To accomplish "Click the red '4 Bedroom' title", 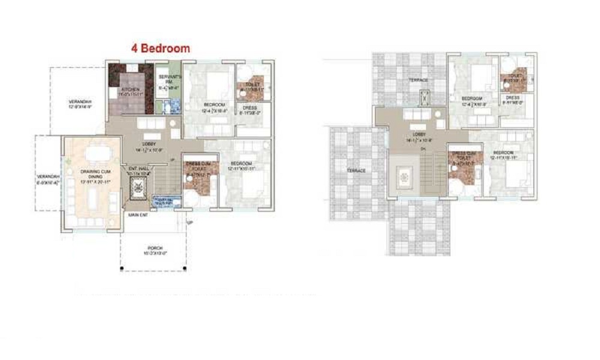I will pos(161,48).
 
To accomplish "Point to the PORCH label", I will pos(154,249).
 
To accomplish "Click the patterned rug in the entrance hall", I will pos(137,191).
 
